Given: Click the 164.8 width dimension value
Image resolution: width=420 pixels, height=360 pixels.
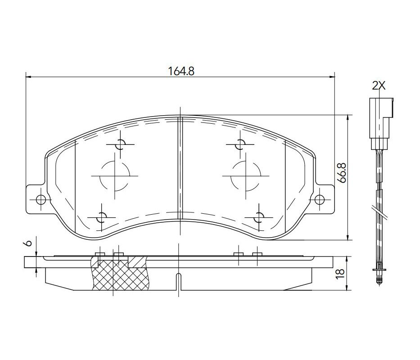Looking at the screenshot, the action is pos(181,71).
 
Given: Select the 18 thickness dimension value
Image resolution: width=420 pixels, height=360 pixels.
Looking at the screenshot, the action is pos(340,274).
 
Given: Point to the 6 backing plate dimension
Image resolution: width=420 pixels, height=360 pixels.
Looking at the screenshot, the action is pos(28,243).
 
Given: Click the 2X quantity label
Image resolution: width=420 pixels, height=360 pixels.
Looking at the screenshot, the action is pos(379,85).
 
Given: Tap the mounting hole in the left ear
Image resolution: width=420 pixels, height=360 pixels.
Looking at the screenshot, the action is pos(41,199).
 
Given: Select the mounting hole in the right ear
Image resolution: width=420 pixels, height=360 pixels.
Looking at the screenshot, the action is pos(319,199).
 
